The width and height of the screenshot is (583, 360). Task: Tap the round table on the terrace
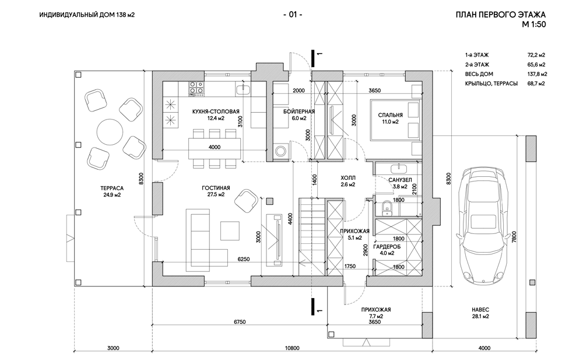[x=109, y=131]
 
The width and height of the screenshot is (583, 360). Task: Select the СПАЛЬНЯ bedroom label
[x=388, y=115]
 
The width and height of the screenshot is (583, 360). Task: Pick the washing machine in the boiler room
[x=282, y=151]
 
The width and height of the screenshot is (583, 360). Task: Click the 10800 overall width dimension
[x=291, y=348]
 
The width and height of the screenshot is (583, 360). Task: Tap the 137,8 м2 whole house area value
[x=536, y=74]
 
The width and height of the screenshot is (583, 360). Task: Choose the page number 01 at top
[x=292, y=15]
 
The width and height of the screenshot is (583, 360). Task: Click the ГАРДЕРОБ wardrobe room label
[x=388, y=246]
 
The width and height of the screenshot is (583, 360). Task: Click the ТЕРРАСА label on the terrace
[x=110, y=188]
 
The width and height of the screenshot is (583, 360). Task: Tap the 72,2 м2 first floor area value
[x=536, y=54]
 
